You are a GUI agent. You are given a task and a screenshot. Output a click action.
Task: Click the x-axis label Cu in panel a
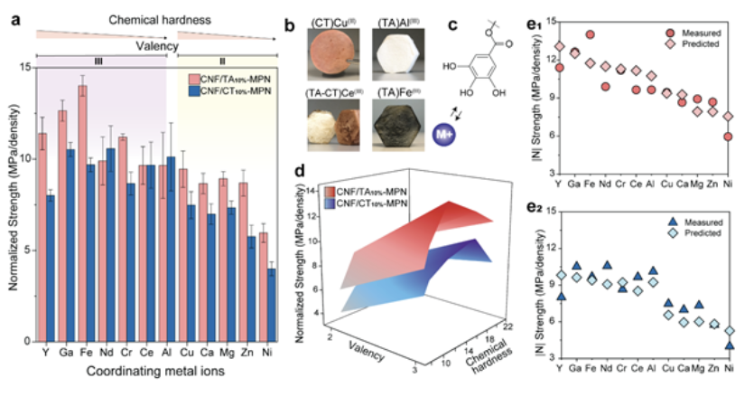(x=183, y=356)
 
